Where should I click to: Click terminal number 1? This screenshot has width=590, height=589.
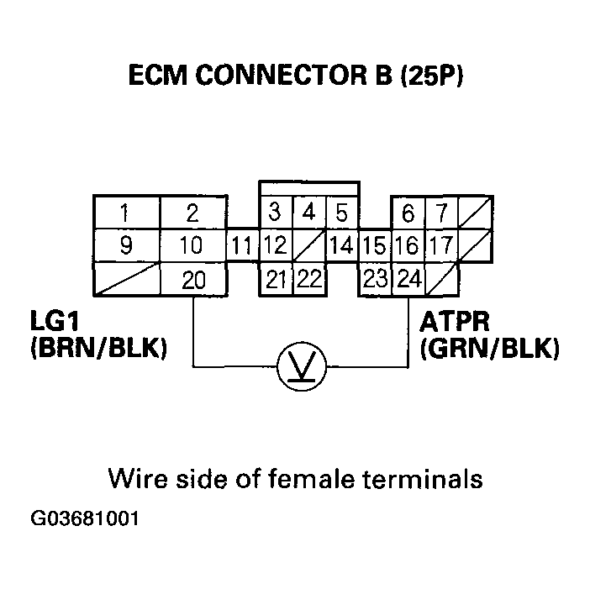point(124,213)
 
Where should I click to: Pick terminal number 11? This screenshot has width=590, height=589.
point(242,247)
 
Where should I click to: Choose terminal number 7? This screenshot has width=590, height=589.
point(440,213)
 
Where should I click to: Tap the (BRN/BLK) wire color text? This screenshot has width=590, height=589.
point(97,348)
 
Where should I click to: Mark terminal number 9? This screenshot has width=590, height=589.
point(124,247)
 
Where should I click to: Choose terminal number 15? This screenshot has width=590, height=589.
point(374,247)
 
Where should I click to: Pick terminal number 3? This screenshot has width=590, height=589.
point(275,213)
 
